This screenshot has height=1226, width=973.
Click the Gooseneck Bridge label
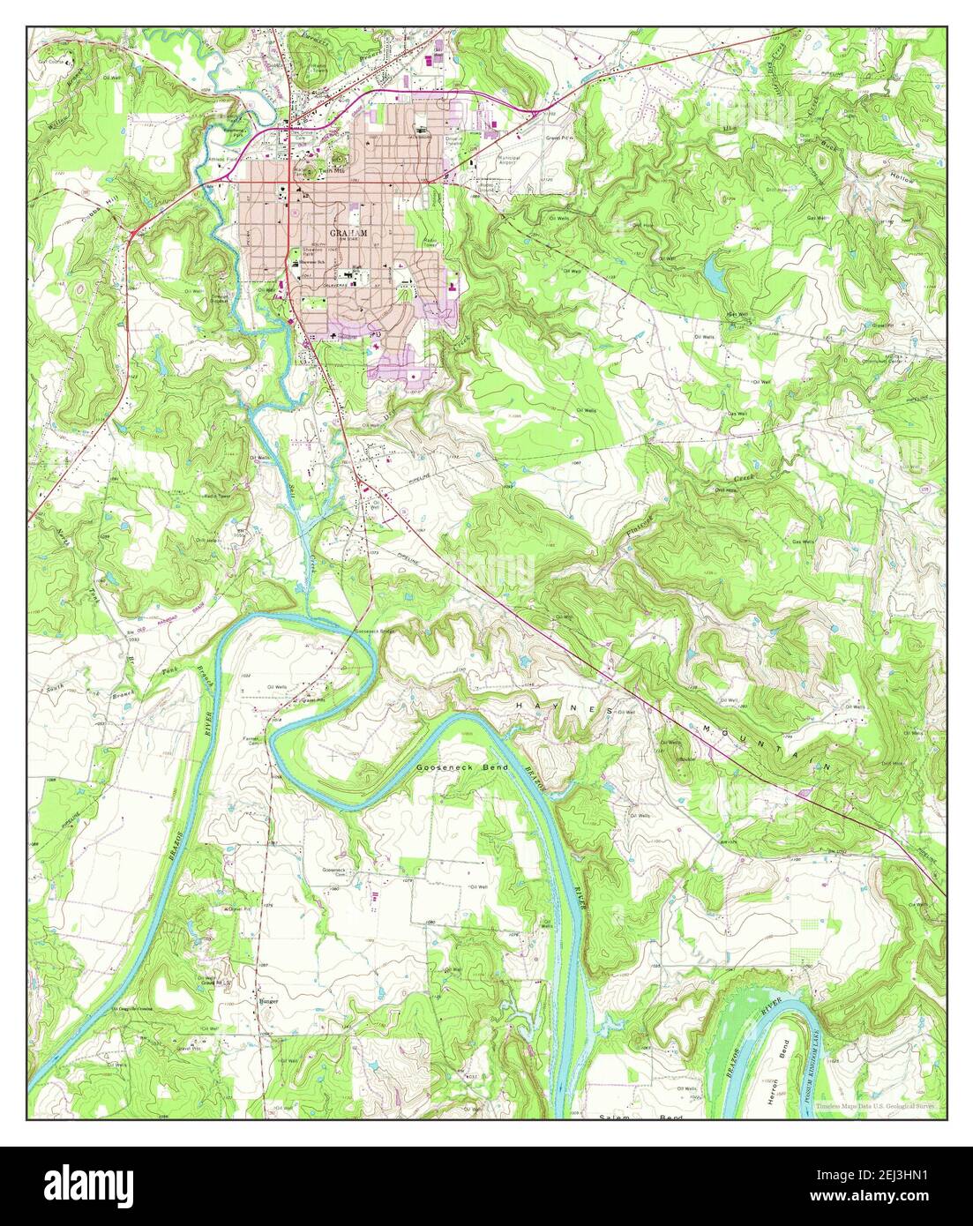374,632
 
